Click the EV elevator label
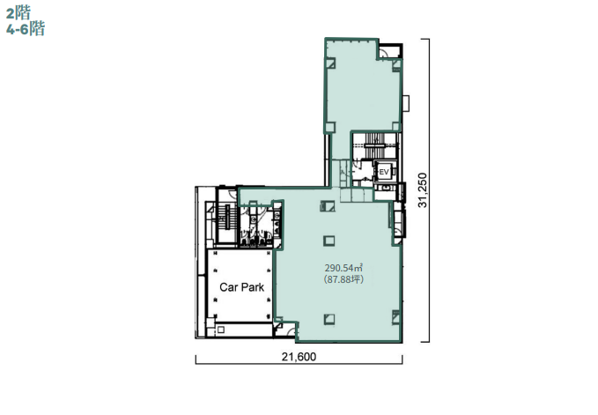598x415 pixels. pyautogui.click(x=383, y=172)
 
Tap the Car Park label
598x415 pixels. pyautogui.click(x=242, y=287)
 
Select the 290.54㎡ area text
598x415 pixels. pyautogui.click(x=343, y=267)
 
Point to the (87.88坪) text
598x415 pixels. pyautogui.click(x=343, y=279)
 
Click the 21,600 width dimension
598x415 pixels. pyautogui.click(x=299, y=357)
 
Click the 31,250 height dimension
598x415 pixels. pyautogui.click(x=423, y=190)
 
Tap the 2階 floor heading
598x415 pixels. pyautogui.click(x=18, y=13)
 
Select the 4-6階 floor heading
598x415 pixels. pyautogui.click(x=26, y=28)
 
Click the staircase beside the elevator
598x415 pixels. pyautogui.click(x=374, y=145)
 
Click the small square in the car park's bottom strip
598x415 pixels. pyautogui.click(x=220, y=330)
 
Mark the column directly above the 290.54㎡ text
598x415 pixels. pyautogui.click(x=329, y=241)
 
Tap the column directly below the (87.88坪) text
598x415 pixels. pyautogui.click(x=329, y=319)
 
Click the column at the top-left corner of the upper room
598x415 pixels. pyautogui.click(x=330, y=63)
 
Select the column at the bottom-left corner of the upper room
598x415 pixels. pyautogui.click(x=330, y=127)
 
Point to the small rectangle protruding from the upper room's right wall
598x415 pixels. pyautogui.click(x=406, y=103)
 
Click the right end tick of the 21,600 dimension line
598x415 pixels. pyautogui.click(x=402, y=359)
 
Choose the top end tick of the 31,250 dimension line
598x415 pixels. pyautogui.click(x=425, y=39)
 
